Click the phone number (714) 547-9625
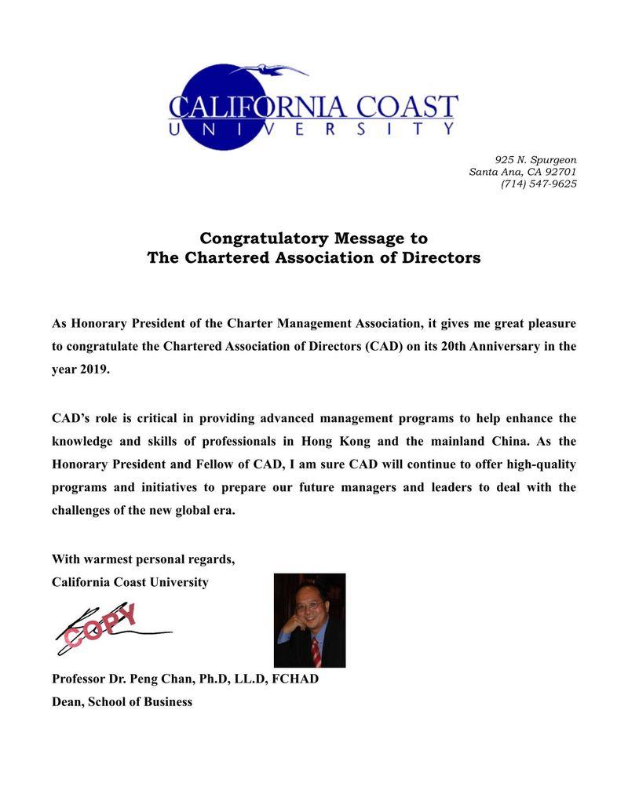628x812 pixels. coord(539,184)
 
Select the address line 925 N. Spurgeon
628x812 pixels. coord(535,160)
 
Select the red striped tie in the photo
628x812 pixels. coord(316,652)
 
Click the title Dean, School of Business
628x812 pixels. coord(122,701)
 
